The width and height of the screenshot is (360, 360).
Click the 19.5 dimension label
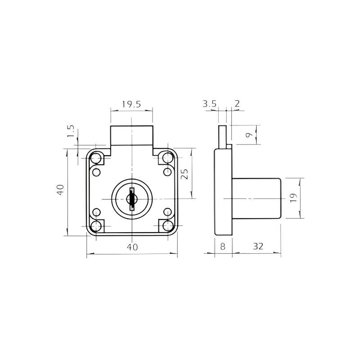131,104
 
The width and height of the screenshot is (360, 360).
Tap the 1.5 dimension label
71,131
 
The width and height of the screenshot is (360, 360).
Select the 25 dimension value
184,174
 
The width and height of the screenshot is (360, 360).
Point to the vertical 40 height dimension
60,190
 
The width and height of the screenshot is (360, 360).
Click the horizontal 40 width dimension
132,247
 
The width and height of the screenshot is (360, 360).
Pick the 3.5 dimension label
209,104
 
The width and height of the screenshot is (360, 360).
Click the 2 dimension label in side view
237,103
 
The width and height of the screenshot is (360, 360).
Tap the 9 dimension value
249,135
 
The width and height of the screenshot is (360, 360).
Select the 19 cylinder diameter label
293,198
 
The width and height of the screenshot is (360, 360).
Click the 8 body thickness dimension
223,247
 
